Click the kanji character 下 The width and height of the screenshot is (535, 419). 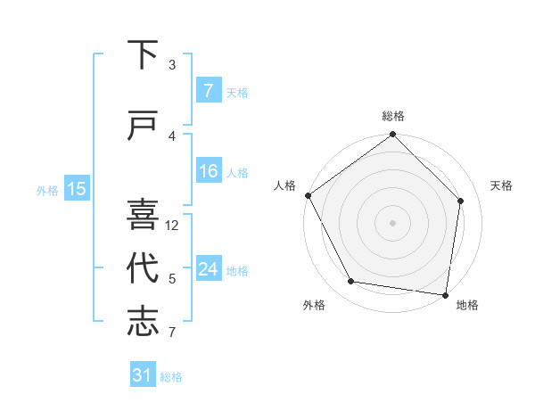[x=143, y=54]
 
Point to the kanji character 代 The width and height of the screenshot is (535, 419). [x=143, y=267]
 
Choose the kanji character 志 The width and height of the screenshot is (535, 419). [x=143, y=321]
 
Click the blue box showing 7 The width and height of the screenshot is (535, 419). [x=208, y=91]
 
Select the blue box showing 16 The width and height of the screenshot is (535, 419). [x=208, y=171]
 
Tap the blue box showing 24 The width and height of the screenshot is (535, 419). [x=208, y=269]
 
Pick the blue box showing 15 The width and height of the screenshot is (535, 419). [x=77, y=189]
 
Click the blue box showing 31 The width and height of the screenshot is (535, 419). [x=143, y=375]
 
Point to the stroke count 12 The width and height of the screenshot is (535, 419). [x=173, y=226]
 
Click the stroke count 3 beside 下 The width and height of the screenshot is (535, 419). [x=172, y=65]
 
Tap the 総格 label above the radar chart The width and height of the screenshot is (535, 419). [x=393, y=116]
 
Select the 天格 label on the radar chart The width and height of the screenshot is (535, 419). [x=502, y=185]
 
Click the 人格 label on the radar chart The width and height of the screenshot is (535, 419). [x=285, y=185]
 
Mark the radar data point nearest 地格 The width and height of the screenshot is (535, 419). [x=445, y=294]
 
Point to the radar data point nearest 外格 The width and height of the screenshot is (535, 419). [x=351, y=282]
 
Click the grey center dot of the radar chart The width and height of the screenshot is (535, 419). [x=393, y=222]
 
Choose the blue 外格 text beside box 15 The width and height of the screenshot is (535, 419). [x=47, y=190]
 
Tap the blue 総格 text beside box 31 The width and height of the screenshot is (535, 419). [x=171, y=376]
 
